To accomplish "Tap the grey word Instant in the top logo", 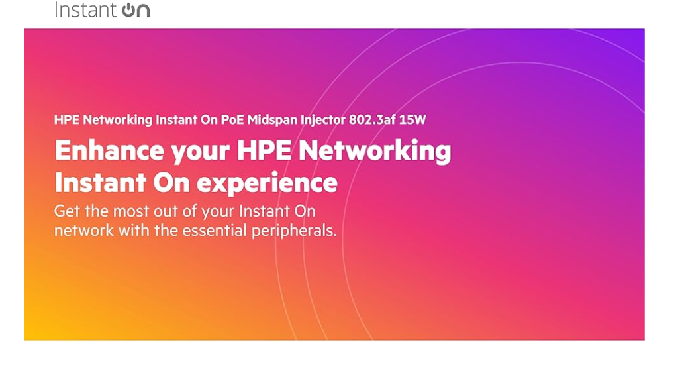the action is (85, 9).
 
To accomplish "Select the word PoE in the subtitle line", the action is (232, 119).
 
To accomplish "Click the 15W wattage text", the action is (412, 119).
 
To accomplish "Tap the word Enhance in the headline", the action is (109, 150).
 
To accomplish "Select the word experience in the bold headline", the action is (267, 184).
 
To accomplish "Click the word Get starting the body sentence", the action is (67, 211).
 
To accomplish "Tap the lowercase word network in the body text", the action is (84, 231).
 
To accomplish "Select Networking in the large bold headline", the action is (375, 152).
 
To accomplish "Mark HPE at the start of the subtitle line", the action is (67, 119).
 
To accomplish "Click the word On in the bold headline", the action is (171, 183).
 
